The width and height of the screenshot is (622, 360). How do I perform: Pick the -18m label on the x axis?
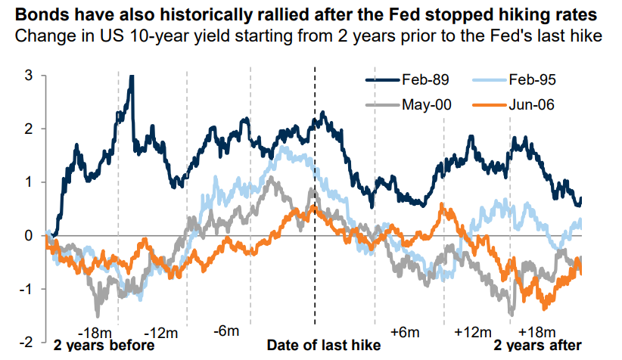click(x=96, y=333)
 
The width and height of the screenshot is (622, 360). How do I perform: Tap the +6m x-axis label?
click(x=405, y=333)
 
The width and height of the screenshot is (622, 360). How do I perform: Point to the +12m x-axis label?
click(x=471, y=333)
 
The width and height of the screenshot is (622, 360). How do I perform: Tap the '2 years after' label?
click(x=543, y=346)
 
